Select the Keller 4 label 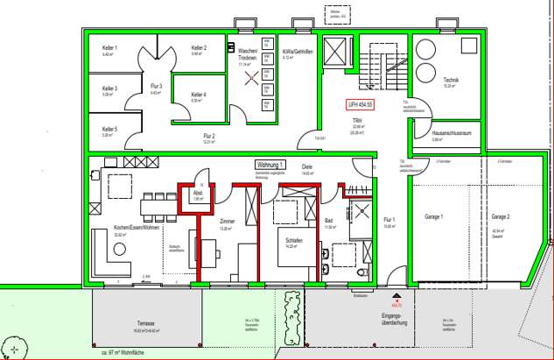[x=199, y=95]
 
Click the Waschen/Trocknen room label [x=248, y=53]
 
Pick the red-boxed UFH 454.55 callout [x=359, y=104]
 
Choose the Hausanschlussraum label [x=445, y=133]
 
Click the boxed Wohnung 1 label [x=271, y=164]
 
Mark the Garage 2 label [x=500, y=216]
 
